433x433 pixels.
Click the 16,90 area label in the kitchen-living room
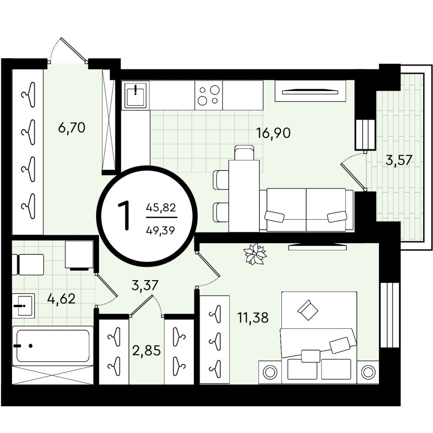click(x=273, y=133)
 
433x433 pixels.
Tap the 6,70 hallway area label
click(x=72, y=128)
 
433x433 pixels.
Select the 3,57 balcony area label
click(x=399, y=160)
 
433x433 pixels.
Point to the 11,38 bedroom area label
click(x=253, y=318)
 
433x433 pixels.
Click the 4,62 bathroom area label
click(x=61, y=299)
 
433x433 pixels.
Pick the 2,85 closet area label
click(x=146, y=351)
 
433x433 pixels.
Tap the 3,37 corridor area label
click(x=145, y=285)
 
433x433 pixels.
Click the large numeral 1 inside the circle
click(x=124, y=216)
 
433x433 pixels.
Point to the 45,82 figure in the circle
click(x=161, y=207)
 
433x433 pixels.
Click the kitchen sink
click(x=136, y=95)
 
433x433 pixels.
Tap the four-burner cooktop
click(x=209, y=95)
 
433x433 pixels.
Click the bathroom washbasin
click(x=23, y=306)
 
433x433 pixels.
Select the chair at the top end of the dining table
click(x=244, y=152)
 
